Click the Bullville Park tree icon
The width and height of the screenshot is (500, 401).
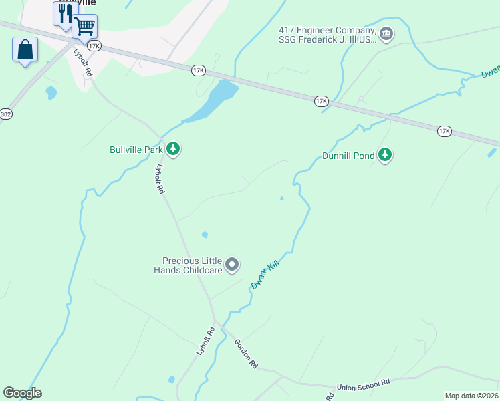[173, 148]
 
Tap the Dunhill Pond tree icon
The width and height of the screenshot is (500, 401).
[384, 154]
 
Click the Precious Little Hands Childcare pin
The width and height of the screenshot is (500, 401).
[232, 265]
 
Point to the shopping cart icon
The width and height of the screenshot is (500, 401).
[85, 27]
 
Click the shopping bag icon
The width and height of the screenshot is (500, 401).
[25, 50]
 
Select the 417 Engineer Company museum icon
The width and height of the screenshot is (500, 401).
[386, 33]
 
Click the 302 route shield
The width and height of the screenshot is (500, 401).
[5, 114]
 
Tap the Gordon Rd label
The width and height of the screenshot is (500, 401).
[246, 354]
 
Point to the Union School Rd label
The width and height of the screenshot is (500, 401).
[363, 384]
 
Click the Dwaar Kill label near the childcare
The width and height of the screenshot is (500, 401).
[265, 275]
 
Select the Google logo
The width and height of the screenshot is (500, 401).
[22, 393]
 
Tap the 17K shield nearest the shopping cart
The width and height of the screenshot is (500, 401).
[94, 46]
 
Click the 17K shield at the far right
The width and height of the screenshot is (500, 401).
[445, 131]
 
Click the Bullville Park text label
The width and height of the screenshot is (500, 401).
[136, 150]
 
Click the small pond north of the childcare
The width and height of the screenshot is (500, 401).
[205, 235]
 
